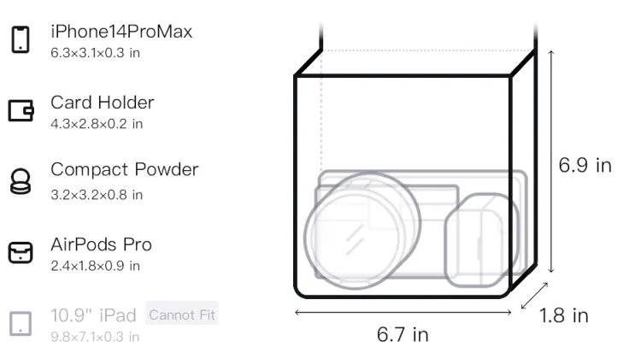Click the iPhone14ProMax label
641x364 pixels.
pyautogui.click(x=121, y=32)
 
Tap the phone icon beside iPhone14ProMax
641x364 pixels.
pyautogui.click(x=21, y=39)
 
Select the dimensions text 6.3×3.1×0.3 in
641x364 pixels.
pyautogui.click(x=95, y=53)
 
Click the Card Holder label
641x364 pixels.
pyautogui.click(x=103, y=103)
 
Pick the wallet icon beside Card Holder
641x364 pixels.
pyautogui.click(x=21, y=110)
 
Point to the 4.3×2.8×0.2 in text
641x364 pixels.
pyautogui.click(x=97, y=124)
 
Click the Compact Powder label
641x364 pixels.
pyautogui.click(x=125, y=170)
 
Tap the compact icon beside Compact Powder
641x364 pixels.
pyautogui.click(x=20, y=181)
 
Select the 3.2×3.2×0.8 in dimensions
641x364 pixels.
pyautogui.click(x=97, y=195)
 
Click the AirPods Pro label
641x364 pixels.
pyautogui.click(x=102, y=244)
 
